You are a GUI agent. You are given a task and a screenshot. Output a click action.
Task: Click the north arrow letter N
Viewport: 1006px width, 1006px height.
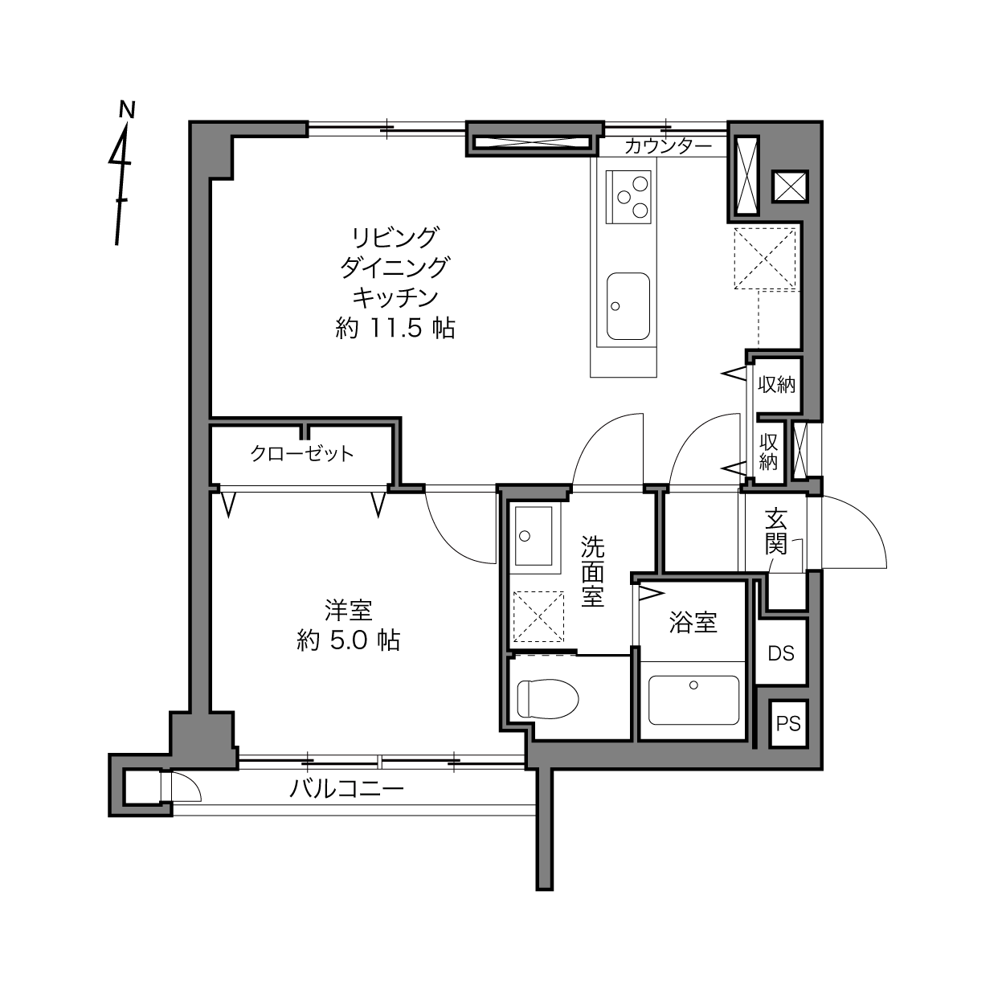[128, 110]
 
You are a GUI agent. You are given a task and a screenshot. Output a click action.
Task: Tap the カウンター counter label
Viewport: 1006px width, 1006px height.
[668, 146]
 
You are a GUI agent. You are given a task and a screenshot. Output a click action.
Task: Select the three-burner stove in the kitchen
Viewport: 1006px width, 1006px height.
[628, 197]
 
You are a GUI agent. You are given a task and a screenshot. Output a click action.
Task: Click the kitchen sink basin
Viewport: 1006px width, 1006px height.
[628, 306]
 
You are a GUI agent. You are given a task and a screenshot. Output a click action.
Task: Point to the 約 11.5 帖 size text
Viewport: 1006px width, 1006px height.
[395, 329]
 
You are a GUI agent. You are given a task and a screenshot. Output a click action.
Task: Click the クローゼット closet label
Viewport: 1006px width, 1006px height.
[302, 453]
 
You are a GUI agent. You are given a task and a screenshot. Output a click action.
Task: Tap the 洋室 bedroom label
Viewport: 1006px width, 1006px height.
[348, 611]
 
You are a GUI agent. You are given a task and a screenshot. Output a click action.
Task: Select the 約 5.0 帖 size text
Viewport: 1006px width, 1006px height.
[348, 640]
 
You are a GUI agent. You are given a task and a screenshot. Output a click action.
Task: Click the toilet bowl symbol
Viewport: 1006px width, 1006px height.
[548, 699]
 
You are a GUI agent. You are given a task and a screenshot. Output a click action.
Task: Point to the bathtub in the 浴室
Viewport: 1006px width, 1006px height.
[693, 700]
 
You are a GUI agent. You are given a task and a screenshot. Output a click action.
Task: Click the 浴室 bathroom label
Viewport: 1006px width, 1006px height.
[693, 622]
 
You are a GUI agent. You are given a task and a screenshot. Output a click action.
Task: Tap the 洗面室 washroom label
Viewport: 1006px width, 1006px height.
[592, 571]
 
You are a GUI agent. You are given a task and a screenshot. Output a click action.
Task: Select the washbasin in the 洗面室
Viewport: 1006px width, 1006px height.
[534, 536]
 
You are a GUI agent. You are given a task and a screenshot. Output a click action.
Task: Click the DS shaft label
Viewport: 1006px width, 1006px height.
[781, 653]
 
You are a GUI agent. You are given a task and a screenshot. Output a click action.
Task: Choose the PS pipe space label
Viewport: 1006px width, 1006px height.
[788, 724]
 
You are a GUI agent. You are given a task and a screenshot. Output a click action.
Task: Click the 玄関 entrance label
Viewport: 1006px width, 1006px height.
[775, 531]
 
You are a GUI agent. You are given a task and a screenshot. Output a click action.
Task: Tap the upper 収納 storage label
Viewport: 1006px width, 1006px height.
[777, 385]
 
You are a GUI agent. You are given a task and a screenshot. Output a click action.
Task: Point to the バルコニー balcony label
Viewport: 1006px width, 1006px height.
[346, 788]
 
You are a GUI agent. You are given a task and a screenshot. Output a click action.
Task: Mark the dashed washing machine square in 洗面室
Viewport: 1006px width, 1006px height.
[538, 616]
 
